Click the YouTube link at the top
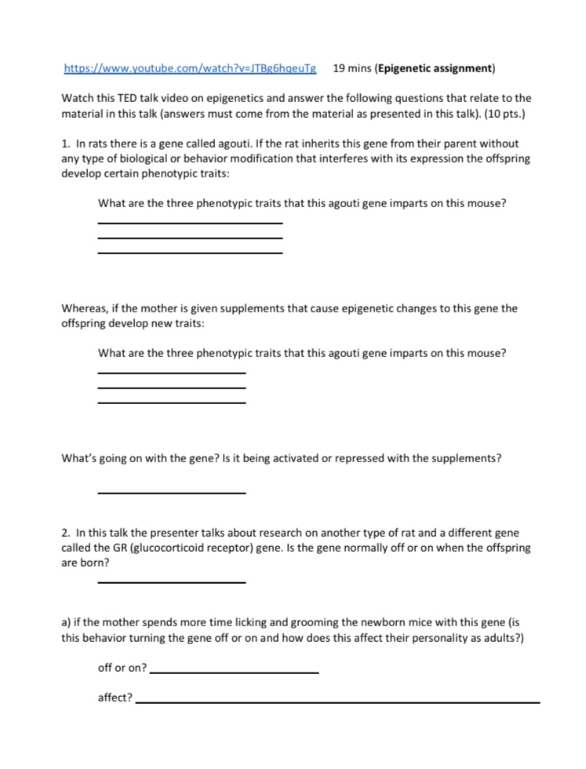(189, 68)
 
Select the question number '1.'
(66, 144)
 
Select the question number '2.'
(66, 533)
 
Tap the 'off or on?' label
(122, 668)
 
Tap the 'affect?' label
(115, 697)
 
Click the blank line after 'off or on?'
(234, 672)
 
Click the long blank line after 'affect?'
(337, 702)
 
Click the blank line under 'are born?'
(171, 582)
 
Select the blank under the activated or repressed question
(171, 492)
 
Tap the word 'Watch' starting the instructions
(77, 98)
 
